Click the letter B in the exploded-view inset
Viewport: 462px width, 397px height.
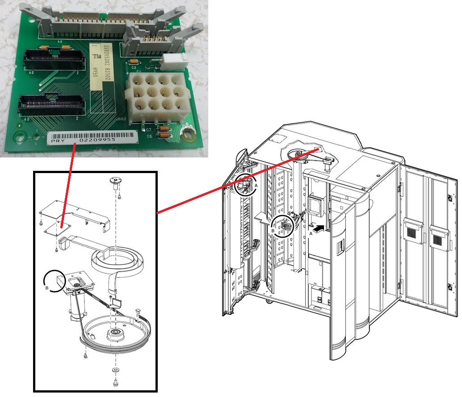pos(46,288)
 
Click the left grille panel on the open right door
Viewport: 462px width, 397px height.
pos(413,230)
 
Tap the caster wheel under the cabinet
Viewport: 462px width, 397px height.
pos(269,302)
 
